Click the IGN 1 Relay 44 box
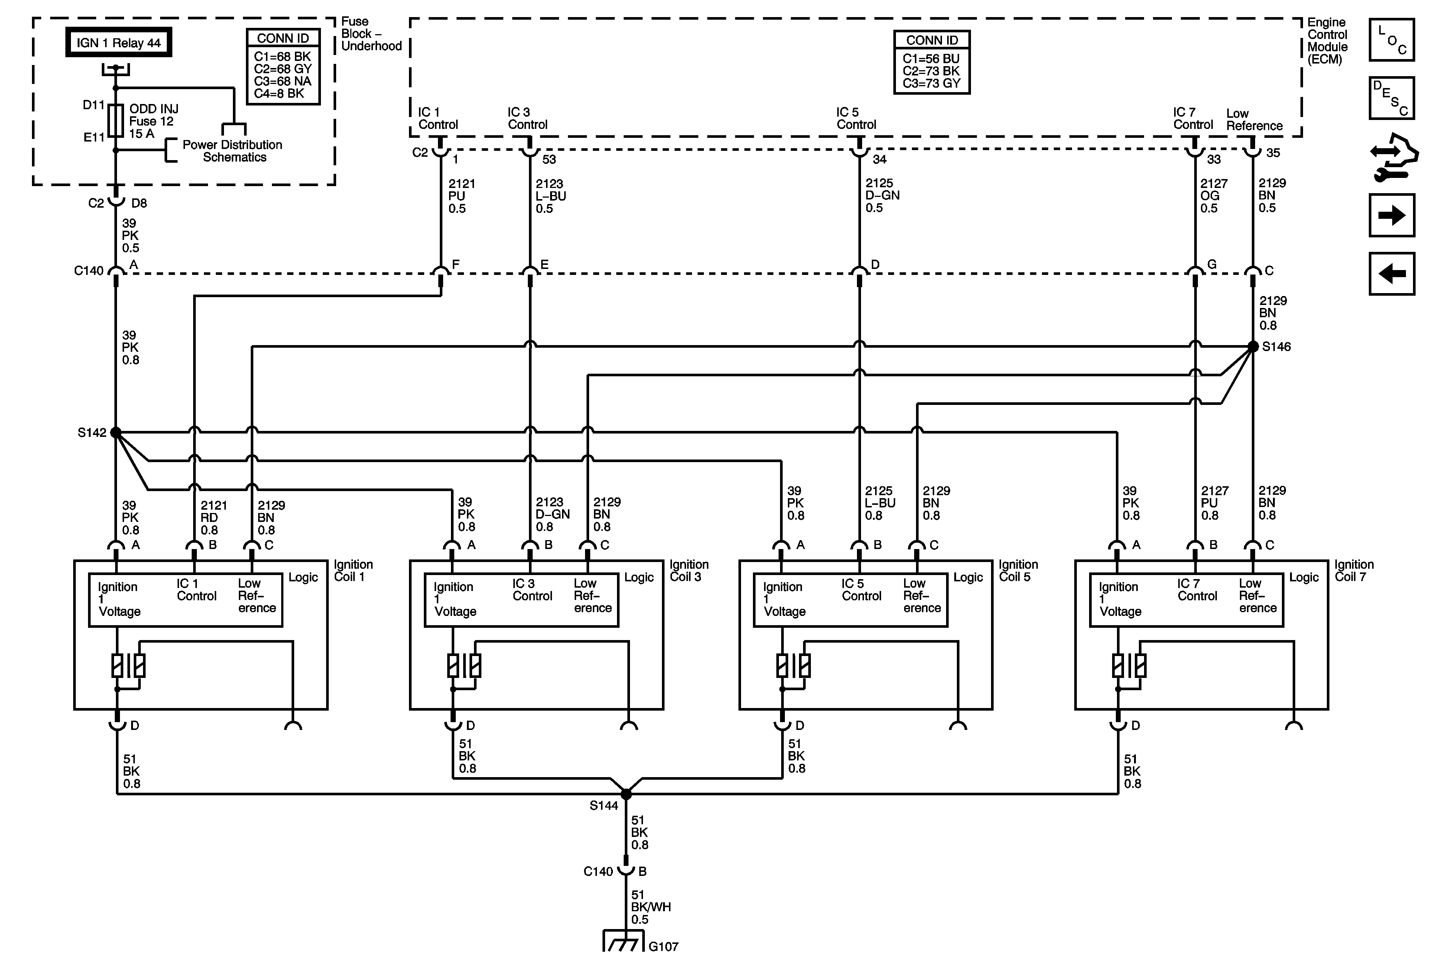pyautogui.click(x=118, y=43)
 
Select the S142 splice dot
pyautogui.click(x=116, y=432)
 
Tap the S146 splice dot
pyautogui.click(x=1253, y=347)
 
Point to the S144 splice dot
pyautogui.click(x=626, y=794)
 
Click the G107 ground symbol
pyautogui.click(x=621, y=942)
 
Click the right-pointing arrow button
pyautogui.click(x=1391, y=215)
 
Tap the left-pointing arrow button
pyautogui.click(x=1391, y=274)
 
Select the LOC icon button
pyautogui.click(x=1391, y=40)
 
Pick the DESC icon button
pyautogui.click(x=1391, y=98)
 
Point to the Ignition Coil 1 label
pyautogui.click(x=353, y=570)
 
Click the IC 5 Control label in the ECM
pyautogui.click(x=856, y=118)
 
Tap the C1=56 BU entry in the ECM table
pyautogui.click(x=930, y=59)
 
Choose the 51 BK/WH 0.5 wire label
pyautogui.click(x=650, y=907)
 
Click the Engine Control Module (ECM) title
pyautogui.click(x=1327, y=41)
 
